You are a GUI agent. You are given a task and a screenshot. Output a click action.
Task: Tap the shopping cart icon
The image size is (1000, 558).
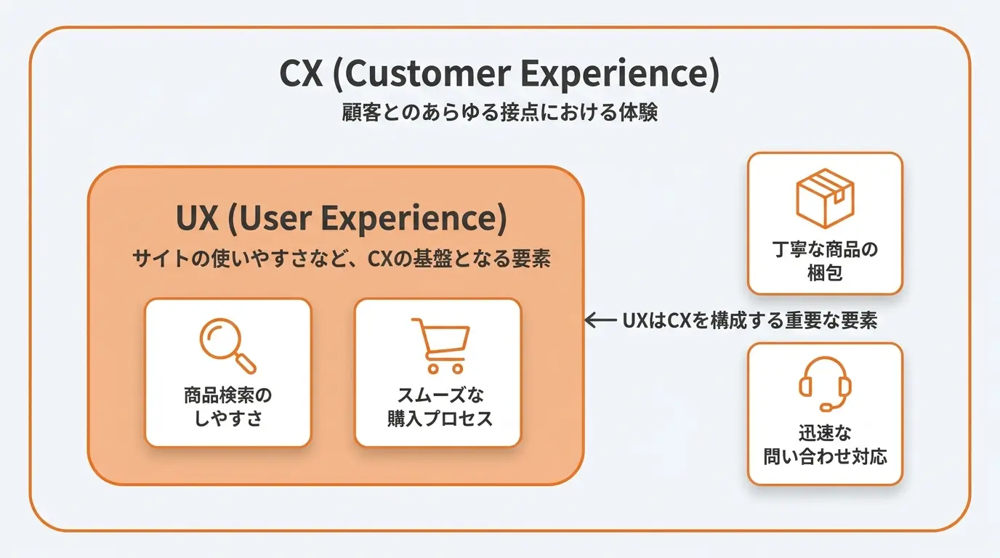coord(440,345)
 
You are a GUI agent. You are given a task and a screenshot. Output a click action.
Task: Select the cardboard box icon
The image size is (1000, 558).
coord(825,198)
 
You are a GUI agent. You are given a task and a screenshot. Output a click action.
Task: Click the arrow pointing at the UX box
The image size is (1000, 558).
coord(601,320)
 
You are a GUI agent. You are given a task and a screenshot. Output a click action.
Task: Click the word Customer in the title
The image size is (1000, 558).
coord(427,73)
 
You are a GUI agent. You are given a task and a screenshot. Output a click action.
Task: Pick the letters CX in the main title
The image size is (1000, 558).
coord(301,73)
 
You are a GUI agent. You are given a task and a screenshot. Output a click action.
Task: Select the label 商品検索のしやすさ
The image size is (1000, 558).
coord(227,407)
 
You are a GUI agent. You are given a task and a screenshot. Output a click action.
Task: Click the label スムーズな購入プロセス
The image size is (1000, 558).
coord(440,407)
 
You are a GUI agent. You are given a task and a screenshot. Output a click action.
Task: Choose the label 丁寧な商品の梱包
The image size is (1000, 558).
coord(825,261)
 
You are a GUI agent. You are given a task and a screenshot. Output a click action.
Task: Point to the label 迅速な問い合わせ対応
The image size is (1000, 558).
coord(825,445)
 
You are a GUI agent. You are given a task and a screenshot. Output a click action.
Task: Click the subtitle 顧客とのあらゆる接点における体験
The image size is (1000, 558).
coord(499,112)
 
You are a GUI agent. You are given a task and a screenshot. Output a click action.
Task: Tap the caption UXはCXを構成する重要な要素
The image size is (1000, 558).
coord(750,320)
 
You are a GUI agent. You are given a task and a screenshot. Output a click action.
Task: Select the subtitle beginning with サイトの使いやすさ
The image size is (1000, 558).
coord(342,259)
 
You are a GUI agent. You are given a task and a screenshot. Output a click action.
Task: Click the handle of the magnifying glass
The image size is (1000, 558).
coord(245,363)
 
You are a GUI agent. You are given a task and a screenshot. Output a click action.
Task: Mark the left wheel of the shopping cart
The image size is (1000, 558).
coord(432,368)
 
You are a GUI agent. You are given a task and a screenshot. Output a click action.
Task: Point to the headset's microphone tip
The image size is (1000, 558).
coord(826,407)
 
